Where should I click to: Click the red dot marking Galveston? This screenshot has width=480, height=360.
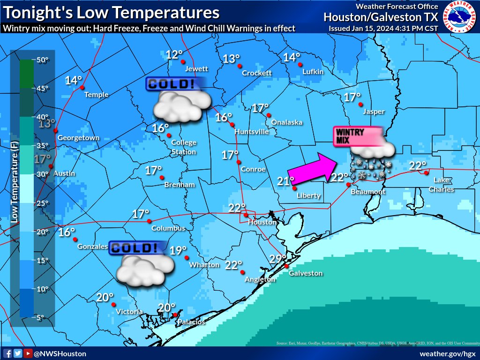point(286,266)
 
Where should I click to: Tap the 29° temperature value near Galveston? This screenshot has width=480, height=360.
point(277,259)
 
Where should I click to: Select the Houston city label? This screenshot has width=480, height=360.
point(262,222)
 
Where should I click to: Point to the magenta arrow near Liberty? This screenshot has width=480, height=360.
point(312,167)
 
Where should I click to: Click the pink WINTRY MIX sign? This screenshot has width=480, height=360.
point(355,136)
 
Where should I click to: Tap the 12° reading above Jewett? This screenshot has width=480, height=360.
point(174,54)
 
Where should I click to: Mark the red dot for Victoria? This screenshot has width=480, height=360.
point(113,304)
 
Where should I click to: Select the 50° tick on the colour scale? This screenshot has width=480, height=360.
point(43,60)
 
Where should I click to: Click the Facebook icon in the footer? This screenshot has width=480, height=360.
point(7,353)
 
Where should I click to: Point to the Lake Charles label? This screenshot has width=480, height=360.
point(443,185)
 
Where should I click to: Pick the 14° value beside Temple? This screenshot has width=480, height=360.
point(74,80)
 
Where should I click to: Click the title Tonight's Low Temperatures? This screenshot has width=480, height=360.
point(111,12)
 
